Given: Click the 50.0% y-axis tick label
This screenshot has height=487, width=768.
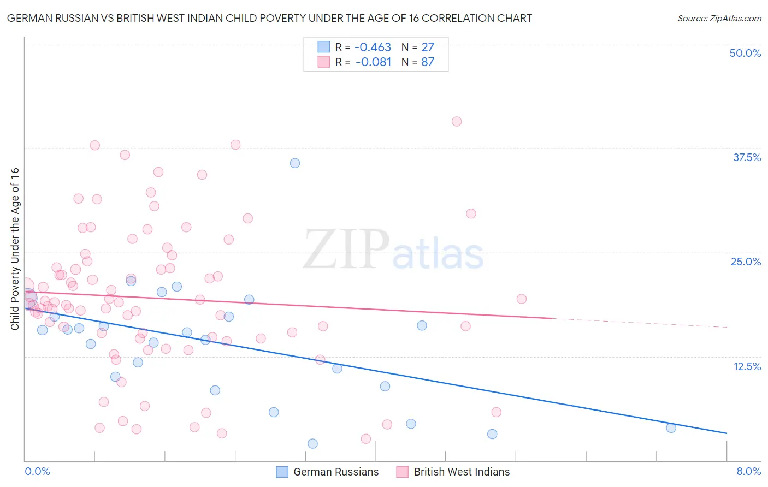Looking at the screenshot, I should click(x=745, y=54).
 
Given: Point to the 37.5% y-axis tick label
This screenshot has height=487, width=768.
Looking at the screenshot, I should click(x=747, y=158).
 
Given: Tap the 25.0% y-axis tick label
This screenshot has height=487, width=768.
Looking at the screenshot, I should click(x=746, y=262).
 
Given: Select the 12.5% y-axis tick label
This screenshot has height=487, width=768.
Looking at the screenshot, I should click(x=747, y=366).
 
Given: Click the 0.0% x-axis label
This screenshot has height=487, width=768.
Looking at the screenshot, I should click(x=37, y=471).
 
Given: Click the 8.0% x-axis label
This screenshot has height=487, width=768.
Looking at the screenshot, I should click(x=748, y=471).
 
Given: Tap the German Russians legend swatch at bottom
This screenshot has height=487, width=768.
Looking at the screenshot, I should click(x=282, y=472).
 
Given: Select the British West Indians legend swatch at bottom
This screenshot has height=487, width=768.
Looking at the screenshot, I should click(x=402, y=472).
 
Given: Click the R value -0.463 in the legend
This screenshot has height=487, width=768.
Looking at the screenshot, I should click(x=373, y=47).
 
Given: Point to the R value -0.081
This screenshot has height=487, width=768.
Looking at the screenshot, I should click(x=373, y=62).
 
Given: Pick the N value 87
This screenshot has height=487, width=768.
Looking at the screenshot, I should click(x=428, y=62).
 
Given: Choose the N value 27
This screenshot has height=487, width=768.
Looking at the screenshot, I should click(x=428, y=47).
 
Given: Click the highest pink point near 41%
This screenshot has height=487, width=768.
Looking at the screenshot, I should click(x=457, y=121).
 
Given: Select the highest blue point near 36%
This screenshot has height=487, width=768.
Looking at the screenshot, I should click(x=295, y=163).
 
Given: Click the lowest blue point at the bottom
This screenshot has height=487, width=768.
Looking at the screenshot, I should click(x=312, y=443).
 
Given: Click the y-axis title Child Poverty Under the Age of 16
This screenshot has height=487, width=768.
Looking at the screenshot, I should click(x=15, y=249).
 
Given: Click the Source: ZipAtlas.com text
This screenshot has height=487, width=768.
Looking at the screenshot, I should click(x=719, y=19).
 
